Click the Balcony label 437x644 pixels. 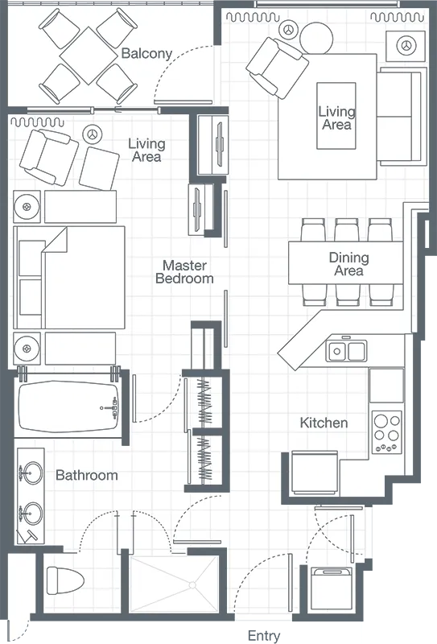146,54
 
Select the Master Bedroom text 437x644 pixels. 184,271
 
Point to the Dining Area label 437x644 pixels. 348,264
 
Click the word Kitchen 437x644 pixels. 324,423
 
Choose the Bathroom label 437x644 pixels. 86,476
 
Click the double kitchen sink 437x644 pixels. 347,351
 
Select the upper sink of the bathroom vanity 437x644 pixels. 31,473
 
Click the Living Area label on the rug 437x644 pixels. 336,118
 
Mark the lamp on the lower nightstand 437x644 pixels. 27,349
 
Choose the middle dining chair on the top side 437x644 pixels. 346,229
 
